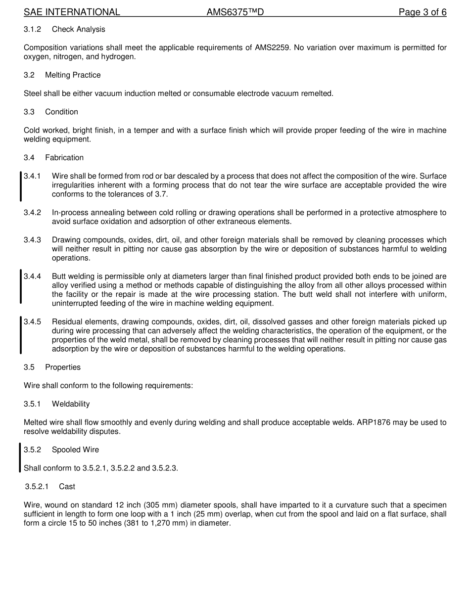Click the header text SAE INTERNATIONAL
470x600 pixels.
tap(72, 12)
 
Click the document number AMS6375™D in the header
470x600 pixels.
tap(235, 12)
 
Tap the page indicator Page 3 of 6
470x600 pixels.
tap(423, 12)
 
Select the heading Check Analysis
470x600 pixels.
tap(79, 29)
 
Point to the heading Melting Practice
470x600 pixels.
tap(73, 75)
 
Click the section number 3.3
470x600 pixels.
tap(29, 112)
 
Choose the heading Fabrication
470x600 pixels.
tap(64, 158)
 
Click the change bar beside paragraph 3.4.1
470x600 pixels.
tap(21, 186)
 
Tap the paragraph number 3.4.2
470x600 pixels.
tap(32, 213)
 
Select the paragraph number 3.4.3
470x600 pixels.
tap(32, 240)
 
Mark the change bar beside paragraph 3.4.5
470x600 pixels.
tap(21, 335)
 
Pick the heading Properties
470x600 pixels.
tap(63, 368)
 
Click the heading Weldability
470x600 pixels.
tap(71, 404)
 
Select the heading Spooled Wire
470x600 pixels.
tap(75, 450)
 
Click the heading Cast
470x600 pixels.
tap(67, 487)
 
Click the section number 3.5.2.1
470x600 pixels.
tap(37, 487)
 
